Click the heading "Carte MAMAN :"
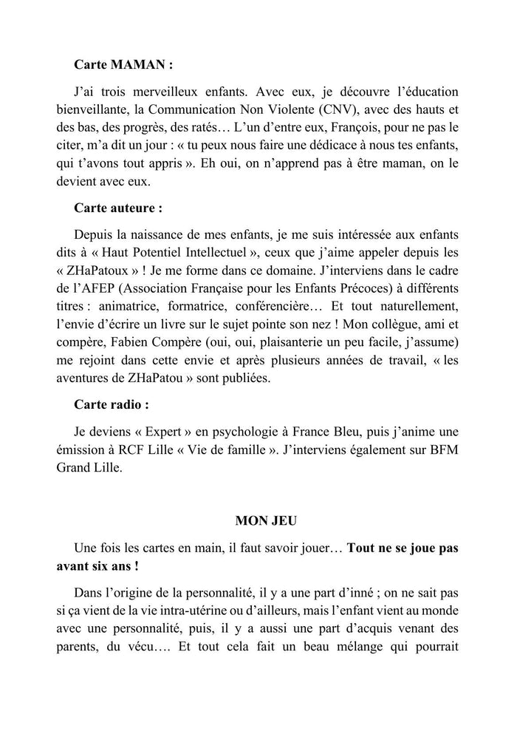pos(123,64)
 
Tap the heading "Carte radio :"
pos(112,404)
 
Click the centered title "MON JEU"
pos(266,520)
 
